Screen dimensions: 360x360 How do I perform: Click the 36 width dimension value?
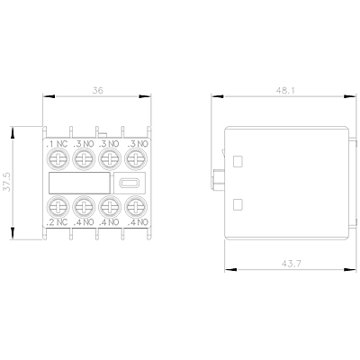(x=97, y=90)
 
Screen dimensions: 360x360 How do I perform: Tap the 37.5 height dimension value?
(x=6, y=182)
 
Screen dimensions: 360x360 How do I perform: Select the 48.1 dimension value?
(x=285, y=91)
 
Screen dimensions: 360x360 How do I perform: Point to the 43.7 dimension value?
(x=292, y=264)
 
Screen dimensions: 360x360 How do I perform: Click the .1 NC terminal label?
(x=57, y=144)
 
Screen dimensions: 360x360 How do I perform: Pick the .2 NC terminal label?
(x=57, y=222)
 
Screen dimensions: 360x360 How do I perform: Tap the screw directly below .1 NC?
(x=58, y=159)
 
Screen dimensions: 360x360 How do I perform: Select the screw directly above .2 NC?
(x=58, y=206)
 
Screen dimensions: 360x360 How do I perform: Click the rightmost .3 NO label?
(x=138, y=144)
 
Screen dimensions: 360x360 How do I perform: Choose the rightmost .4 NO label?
(x=138, y=222)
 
